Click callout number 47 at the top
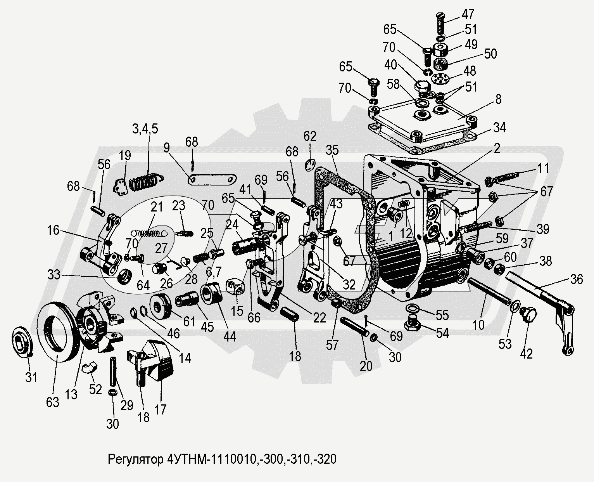tap(468, 15)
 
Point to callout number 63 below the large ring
tap(53, 402)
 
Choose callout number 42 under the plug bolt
tap(526, 353)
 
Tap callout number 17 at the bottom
tap(160, 409)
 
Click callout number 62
tap(310, 136)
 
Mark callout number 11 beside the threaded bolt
tap(543, 168)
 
